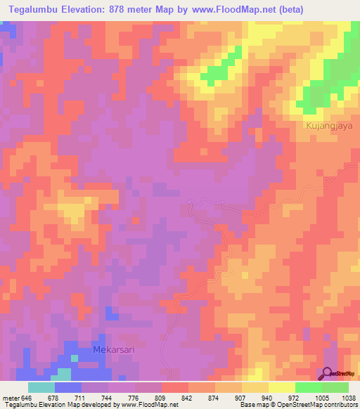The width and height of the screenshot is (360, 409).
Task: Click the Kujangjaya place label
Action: [324, 126]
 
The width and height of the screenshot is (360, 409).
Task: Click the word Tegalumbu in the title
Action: [34, 11]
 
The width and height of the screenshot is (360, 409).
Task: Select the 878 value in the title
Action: [134, 11]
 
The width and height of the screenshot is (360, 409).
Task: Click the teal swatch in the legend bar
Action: [41, 387]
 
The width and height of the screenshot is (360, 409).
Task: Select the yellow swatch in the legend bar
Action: [281, 387]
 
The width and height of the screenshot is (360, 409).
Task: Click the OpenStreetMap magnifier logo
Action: [328, 373]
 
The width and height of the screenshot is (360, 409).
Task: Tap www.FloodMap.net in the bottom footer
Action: [148, 405]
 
